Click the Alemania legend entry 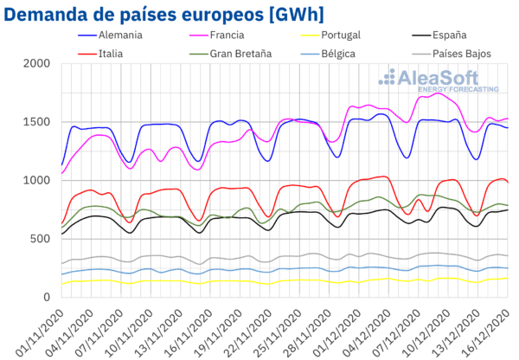click(x=110, y=35)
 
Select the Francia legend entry click(x=217, y=35)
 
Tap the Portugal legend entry click(x=330, y=35)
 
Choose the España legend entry click(x=439, y=35)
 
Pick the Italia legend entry click(x=100, y=54)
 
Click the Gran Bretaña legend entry click(x=231, y=54)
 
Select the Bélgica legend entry click(x=328, y=54)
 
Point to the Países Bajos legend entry click(x=452, y=54)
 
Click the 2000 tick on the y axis click(x=36, y=63)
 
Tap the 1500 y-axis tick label click(x=36, y=122)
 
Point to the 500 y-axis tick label click(x=40, y=239)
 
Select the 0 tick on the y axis click(x=47, y=297)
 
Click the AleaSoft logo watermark click(x=439, y=80)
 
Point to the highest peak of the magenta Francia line click(x=438, y=93)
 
